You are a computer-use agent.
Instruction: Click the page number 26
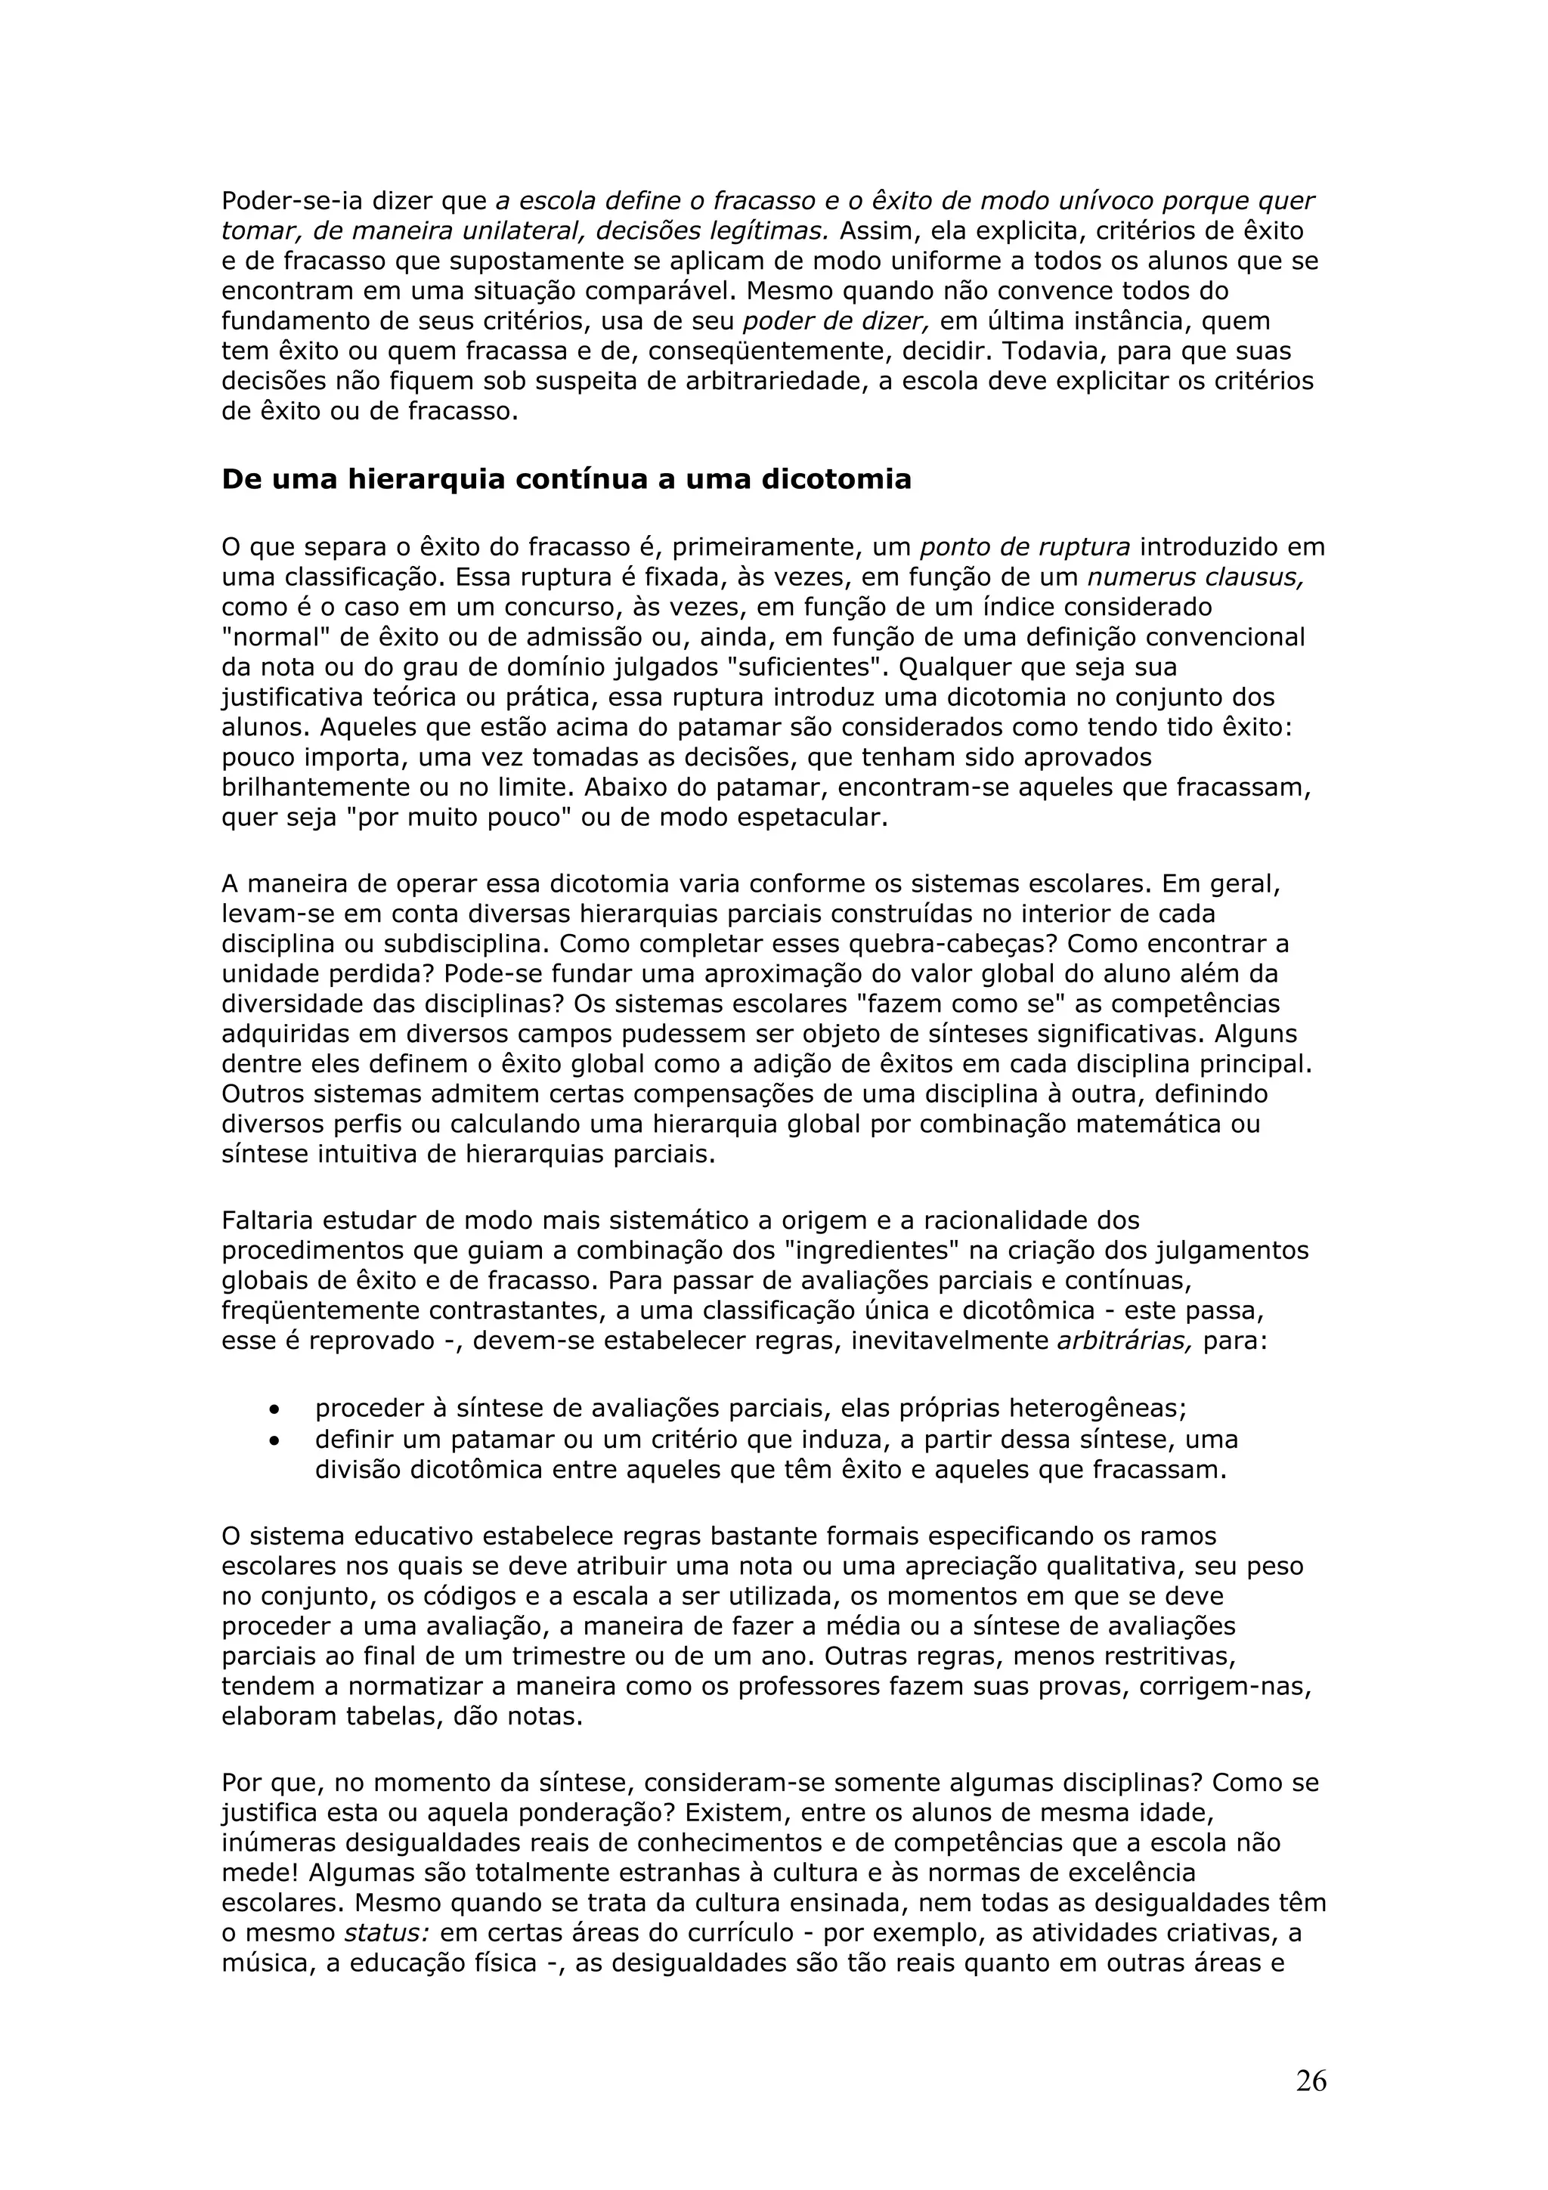click(1311, 2081)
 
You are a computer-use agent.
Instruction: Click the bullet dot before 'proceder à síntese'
click(276, 1409)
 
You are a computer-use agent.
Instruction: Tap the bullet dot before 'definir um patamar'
click(276, 1440)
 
